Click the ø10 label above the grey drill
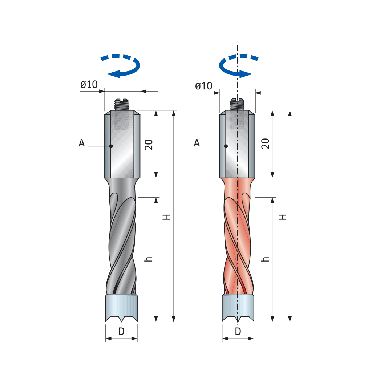89,85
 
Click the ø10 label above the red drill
203,86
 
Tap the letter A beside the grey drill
82,143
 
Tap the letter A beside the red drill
197,143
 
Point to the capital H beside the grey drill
166,217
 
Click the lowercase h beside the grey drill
148,259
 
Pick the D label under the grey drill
121,331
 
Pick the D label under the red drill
238,331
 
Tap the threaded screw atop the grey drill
122,105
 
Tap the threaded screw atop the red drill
238,105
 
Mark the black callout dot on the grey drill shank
111,146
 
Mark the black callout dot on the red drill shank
226,146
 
